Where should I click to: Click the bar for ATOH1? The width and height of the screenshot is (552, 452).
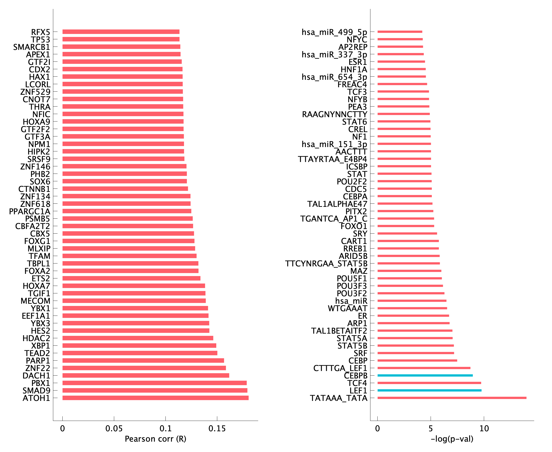(155, 398)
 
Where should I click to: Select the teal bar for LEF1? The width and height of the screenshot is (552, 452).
(429, 390)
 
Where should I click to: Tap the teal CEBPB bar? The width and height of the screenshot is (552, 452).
(425, 375)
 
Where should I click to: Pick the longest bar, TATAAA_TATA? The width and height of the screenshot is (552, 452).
(452, 398)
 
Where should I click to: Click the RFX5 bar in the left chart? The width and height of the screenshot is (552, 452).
(121, 32)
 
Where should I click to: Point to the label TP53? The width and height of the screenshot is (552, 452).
(40, 40)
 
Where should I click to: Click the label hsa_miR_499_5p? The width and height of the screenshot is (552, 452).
(334, 32)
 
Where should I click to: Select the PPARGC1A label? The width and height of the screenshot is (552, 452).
(30, 211)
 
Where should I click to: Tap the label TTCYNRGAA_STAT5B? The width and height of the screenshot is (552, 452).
(326, 263)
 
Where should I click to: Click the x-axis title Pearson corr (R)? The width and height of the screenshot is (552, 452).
(155, 439)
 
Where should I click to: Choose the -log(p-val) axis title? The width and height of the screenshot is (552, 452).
(452, 439)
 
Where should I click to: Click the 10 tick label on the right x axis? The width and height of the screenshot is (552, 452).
(484, 429)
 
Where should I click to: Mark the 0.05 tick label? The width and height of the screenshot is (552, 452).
(114, 429)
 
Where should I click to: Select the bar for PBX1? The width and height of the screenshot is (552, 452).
(155, 383)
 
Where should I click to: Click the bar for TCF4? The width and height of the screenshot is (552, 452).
(429, 383)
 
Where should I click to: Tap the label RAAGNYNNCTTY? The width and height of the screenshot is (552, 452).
(335, 114)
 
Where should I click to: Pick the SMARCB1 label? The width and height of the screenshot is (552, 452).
(32, 47)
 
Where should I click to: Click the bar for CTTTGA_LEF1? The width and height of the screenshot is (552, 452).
(424, 368)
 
